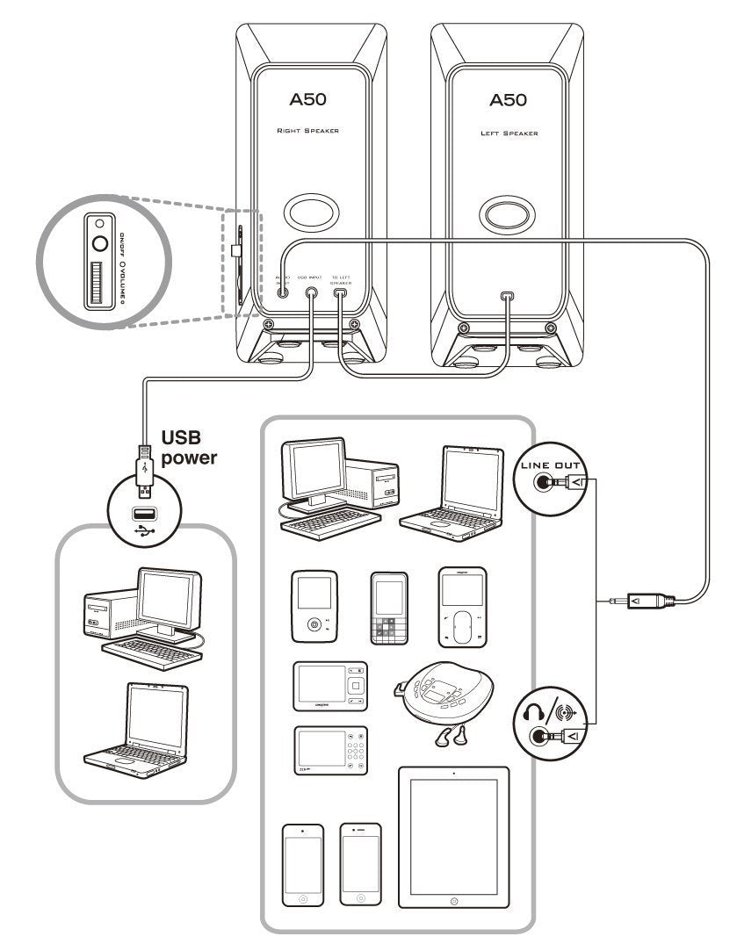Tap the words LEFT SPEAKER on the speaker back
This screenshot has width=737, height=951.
[509, 134]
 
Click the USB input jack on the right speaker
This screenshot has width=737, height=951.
[312, 294]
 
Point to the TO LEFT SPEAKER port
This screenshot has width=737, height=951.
[341, 294]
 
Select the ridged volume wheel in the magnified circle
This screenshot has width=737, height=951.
[96, 283]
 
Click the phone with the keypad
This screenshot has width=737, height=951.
[390, 608]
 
